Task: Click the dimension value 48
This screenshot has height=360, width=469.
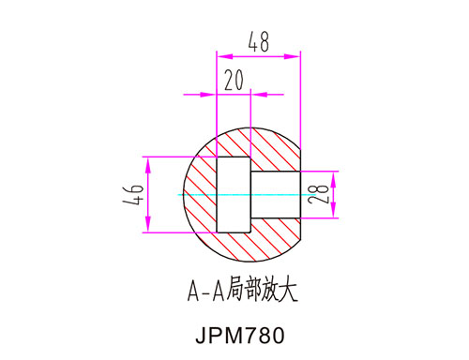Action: coord(259,42)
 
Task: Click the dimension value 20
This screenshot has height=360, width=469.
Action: coord(234,80)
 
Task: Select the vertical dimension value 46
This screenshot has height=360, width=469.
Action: coord(133,194)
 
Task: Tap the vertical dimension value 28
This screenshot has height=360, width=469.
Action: coord(318,194)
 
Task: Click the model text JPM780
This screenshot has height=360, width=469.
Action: coord(240,336)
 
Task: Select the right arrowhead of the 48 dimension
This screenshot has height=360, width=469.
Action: coord(292,56)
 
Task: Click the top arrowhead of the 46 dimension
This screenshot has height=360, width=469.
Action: coord(148,165)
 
